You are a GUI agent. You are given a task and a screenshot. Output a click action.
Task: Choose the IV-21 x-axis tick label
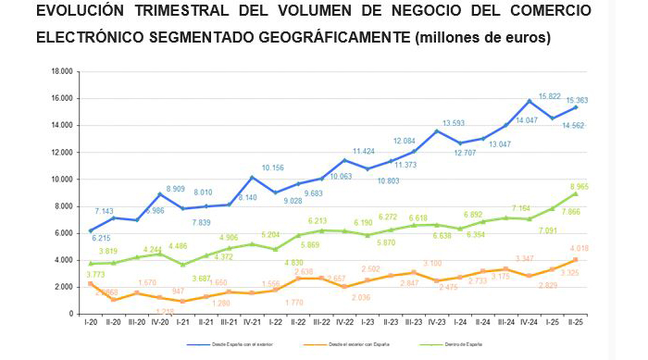click(x=252, y=323)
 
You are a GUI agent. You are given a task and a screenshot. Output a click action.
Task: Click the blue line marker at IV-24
click(x=530, y=101)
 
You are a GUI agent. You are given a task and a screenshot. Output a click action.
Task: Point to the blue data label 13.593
click(x=454, y=122)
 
